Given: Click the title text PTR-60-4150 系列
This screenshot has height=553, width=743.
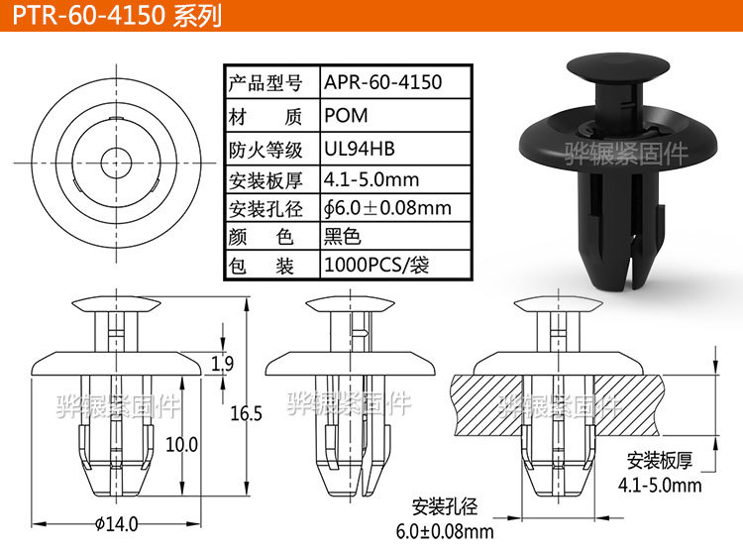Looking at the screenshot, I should pyautogui.click(x=117, y=17).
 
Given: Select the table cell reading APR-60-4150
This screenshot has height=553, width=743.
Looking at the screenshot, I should pyautogui.click(x=383, y=82).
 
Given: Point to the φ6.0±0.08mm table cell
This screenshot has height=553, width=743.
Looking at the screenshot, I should pyautogui.click(x=387, y=208).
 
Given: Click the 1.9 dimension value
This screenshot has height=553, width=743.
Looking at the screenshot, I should pyautogui.click(x=223, y=365).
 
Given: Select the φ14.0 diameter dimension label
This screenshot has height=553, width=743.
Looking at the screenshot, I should pyautogui.click(x=116, y=524).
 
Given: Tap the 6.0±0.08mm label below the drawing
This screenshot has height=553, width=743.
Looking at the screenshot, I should pyautogui.click(x=446, y=532).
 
